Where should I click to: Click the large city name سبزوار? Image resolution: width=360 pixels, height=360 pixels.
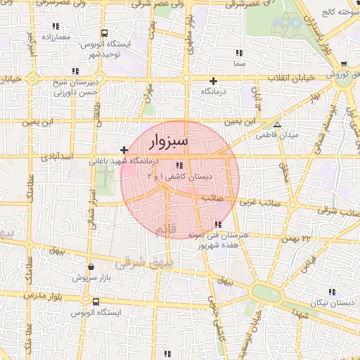click(x=169, y=142)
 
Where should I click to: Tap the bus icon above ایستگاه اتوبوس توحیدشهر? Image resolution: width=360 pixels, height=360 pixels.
click(x=105, y=33)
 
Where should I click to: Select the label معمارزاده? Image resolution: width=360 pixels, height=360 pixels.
click(x=58, y=36)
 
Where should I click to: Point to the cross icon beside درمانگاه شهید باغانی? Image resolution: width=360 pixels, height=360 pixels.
click(x=124, y=150)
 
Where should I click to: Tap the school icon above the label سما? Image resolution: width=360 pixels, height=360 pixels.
click(x=240, y=52)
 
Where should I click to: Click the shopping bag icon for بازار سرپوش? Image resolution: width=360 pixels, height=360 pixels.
click(x=92, y=267)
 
